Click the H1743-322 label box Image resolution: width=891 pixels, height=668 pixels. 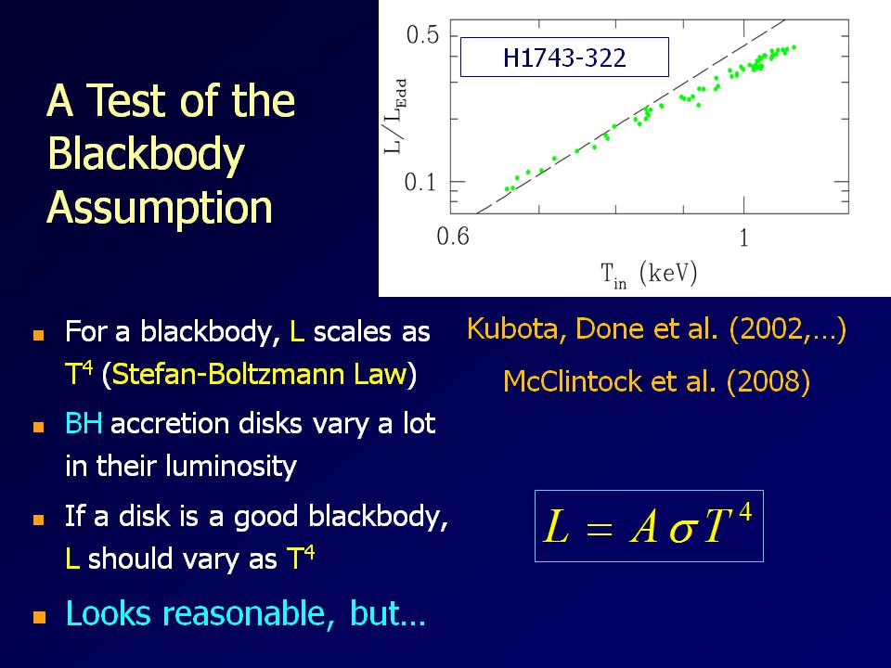(564, 57)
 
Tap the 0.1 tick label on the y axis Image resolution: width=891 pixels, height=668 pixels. (420, 183)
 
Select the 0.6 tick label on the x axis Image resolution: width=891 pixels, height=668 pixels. (453, 236)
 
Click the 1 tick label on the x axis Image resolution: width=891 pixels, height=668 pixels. (743, 238)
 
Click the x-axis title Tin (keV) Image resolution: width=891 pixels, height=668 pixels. (649, 275)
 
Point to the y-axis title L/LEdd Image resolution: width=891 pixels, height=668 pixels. (395, 116)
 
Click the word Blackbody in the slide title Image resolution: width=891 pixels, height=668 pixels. (146, 155)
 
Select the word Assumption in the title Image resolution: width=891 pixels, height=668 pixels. (160, 208)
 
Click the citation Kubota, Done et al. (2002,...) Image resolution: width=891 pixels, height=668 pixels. (656, 329)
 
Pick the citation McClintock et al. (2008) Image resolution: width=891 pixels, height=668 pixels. (656, 381)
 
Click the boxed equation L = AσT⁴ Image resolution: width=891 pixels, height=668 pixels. (649, 526)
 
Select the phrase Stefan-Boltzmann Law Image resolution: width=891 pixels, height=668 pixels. (260, 374)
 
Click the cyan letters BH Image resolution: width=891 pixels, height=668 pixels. (84, 424)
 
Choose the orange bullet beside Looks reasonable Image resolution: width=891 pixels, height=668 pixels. (39, 617)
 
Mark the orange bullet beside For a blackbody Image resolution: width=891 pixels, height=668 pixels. (39, 335)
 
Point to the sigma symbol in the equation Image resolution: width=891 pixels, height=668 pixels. (682, 531)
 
